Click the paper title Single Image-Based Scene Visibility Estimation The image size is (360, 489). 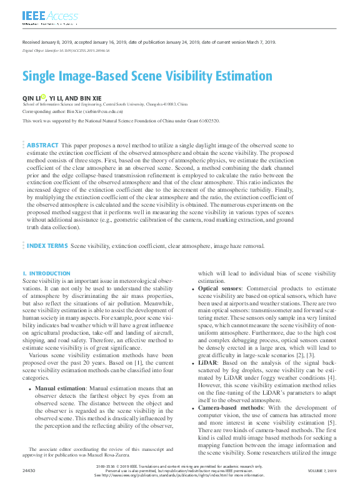pyautogui.click(x=147, y=77)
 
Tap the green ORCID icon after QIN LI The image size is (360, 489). pyautogui.click(x=43, y=97)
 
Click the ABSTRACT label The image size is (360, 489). pyautogui.click(x=42, y=145)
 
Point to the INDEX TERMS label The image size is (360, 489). pyautogui.click(x=47, y=246)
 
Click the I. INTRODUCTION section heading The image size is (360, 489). pyautogui.click(x=46, y=274)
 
